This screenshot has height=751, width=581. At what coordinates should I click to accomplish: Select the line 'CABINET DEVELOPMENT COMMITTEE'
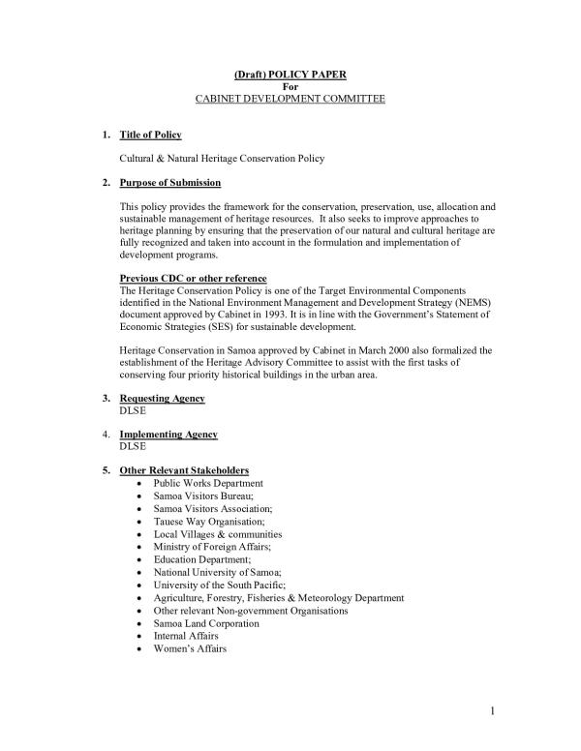[290, 100]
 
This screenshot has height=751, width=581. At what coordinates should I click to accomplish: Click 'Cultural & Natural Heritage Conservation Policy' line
[221, 158]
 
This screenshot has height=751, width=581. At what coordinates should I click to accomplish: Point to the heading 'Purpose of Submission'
[169, 183]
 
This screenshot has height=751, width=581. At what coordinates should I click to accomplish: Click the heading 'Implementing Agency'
[168, 435]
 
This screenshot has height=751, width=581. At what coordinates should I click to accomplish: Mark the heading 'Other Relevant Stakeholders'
[184, 470]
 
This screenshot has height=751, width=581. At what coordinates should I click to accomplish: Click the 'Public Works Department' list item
[208, 483]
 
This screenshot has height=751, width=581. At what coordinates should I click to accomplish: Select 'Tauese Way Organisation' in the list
[206, 522]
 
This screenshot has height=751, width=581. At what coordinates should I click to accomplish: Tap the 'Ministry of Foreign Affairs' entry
[211, 547]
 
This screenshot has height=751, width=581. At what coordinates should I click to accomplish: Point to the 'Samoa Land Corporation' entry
[206, 624]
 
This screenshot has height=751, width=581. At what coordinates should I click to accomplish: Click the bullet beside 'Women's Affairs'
[142, 649]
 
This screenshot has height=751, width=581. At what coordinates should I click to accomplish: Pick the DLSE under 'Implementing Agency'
[132, 447]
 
